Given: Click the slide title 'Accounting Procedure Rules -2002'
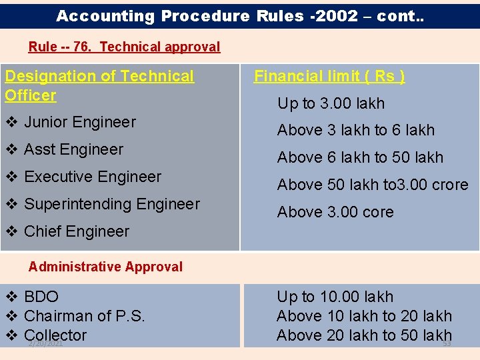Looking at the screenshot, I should [x=240, y=16].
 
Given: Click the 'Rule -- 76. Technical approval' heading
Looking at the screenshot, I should [x=124, y=47].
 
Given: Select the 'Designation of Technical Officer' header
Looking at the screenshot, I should [x=99, y=85].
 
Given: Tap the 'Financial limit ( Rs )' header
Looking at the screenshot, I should [x=329, y=76].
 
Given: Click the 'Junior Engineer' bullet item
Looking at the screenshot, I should [x=80, y=122].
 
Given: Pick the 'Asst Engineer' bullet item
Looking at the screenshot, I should [x=73, y=149].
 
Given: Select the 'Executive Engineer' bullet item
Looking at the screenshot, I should [x=93, y=177].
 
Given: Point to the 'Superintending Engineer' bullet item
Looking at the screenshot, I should [x=112, y=204].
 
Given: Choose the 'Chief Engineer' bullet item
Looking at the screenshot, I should [x=77, y=231].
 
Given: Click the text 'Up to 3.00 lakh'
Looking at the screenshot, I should [x=331, y=103].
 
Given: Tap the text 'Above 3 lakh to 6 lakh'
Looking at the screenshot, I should [x=356, y=130].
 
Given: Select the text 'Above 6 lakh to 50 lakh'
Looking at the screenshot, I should [x=360, y=157].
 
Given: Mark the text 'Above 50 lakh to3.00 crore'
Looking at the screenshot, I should [x=373, y=185].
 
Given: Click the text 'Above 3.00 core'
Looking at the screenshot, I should [x=335, y=212].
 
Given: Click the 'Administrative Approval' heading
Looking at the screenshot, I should [x=105, y=267].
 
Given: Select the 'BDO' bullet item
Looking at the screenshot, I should [x=41, y=297].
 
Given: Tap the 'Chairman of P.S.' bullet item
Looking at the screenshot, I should [x=84, y=316].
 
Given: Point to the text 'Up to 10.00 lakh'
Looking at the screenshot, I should [x=335, y=297].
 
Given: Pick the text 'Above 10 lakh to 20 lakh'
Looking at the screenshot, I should [x=364, y=316].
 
